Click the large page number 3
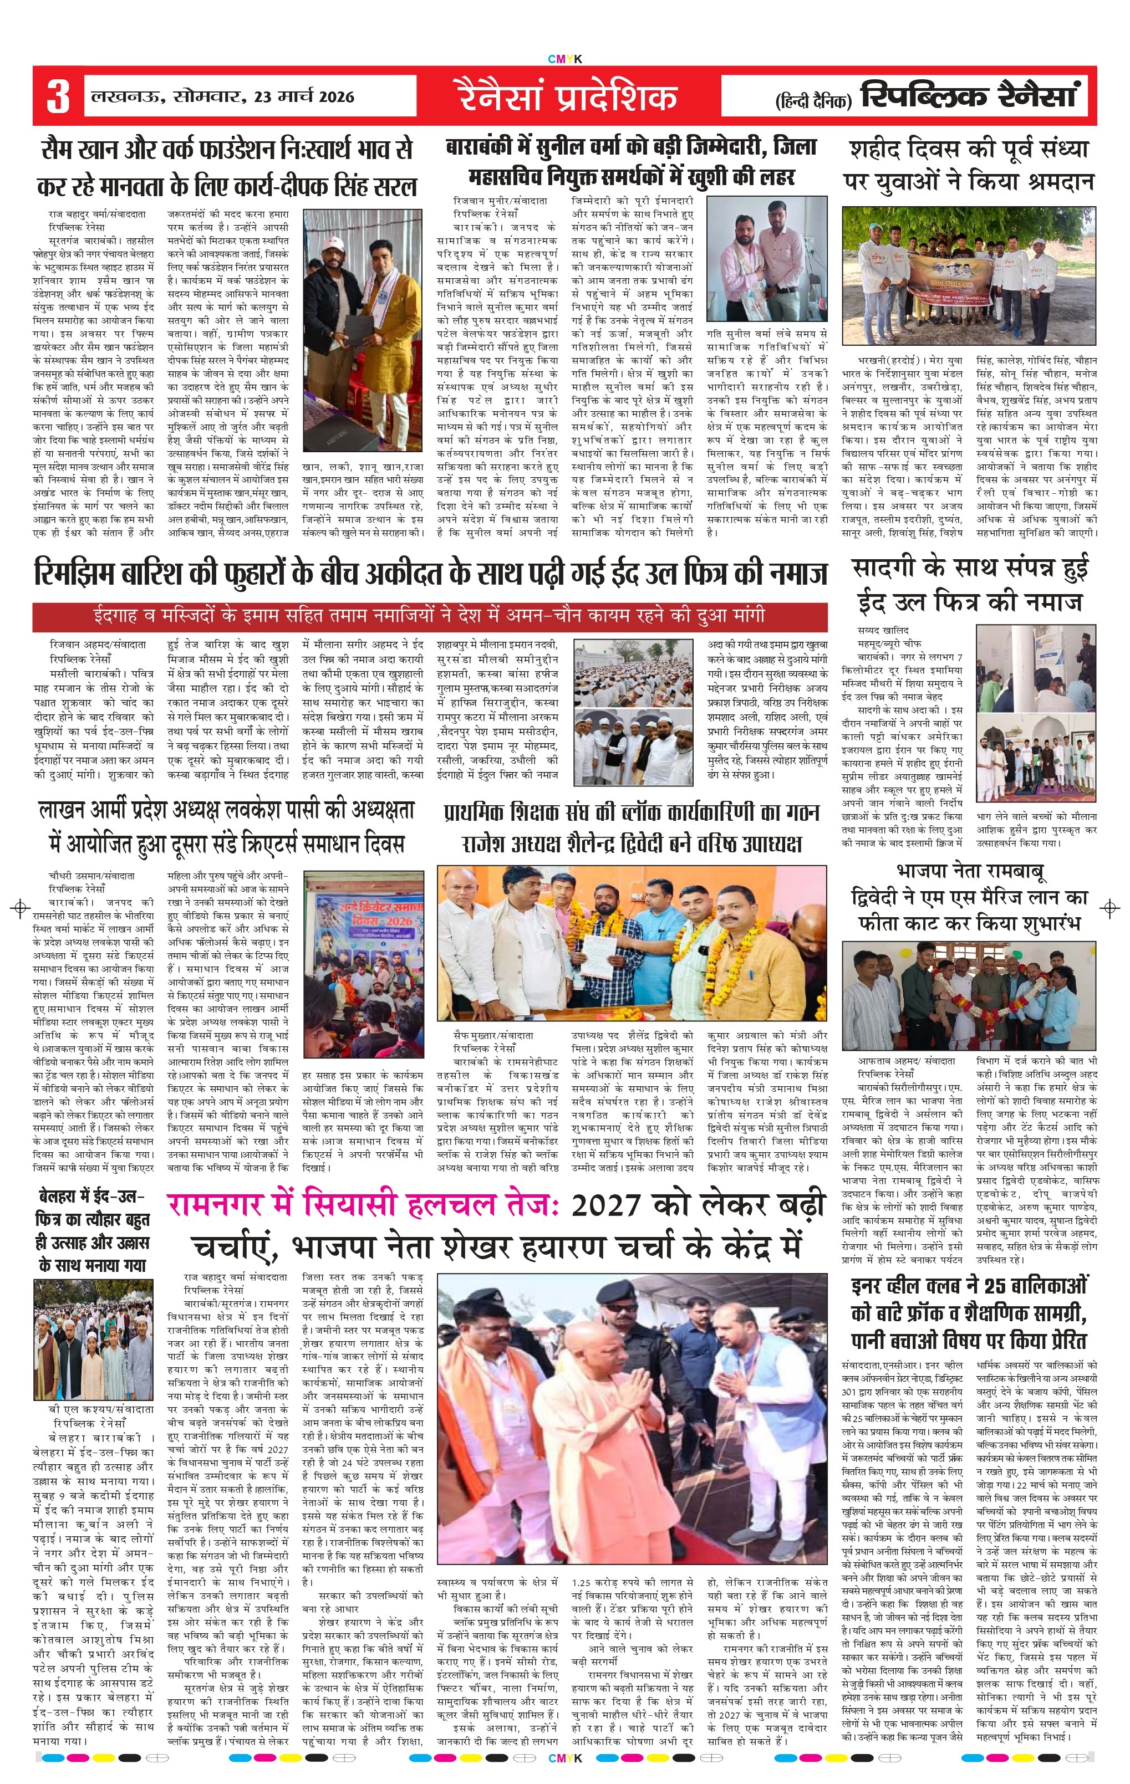tap(58, 97)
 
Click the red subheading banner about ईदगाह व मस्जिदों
tap(430, 616)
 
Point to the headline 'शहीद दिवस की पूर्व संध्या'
tap(969, 149)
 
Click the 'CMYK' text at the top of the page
tap(564, 59)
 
